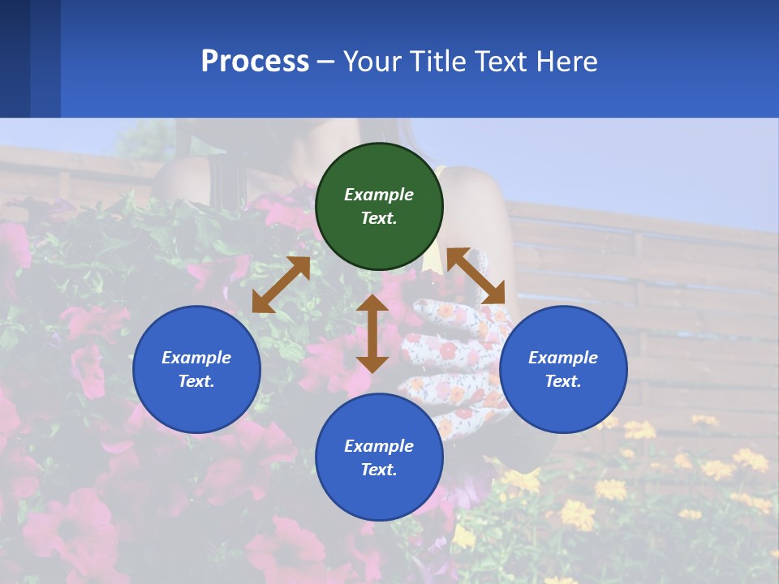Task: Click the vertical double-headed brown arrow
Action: click(x=372, y=333)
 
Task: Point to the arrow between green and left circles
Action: click(x=281, y=285)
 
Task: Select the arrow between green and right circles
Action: click(x=476, y=276)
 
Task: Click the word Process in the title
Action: click(x=255, y=62)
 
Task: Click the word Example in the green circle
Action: click(x=379, y=195)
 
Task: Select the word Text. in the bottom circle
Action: click(x=379, y=470)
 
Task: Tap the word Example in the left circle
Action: click(x=196, y=358)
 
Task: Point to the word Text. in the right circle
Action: click(x=563, y=381)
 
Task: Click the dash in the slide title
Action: click(x=326, y=62)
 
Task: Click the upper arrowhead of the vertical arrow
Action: click(x=372, y=304)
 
